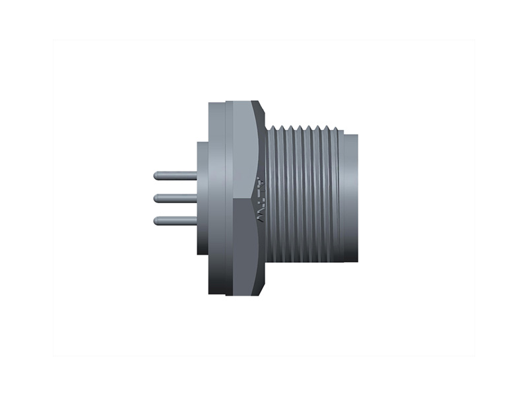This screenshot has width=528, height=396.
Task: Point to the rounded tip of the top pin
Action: click(x=156, y=176)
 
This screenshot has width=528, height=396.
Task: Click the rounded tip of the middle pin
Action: click(x=156, y=198)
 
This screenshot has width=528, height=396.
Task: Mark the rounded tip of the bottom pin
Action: click(x=156, y=220)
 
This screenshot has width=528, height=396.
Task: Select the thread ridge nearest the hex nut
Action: click(x=273, y=198)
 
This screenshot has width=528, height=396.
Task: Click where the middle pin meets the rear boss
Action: click(x=197, y=198)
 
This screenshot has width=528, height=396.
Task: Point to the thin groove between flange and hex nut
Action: click(x=226, y=198)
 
